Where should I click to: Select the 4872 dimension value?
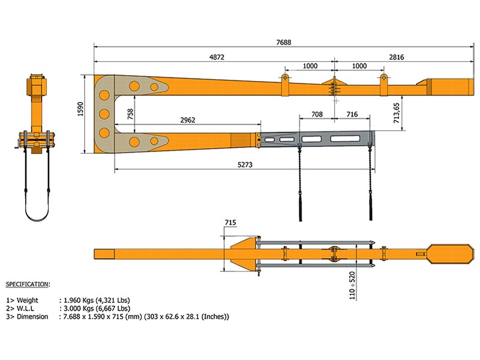tap(217, 57)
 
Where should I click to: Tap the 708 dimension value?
tap(317, 114)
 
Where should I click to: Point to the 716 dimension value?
tap(352, 114)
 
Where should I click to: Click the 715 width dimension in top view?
tap(230, 223)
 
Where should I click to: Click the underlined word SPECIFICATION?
tap(28, 283)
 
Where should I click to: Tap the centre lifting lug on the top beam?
tap(333, 84)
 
